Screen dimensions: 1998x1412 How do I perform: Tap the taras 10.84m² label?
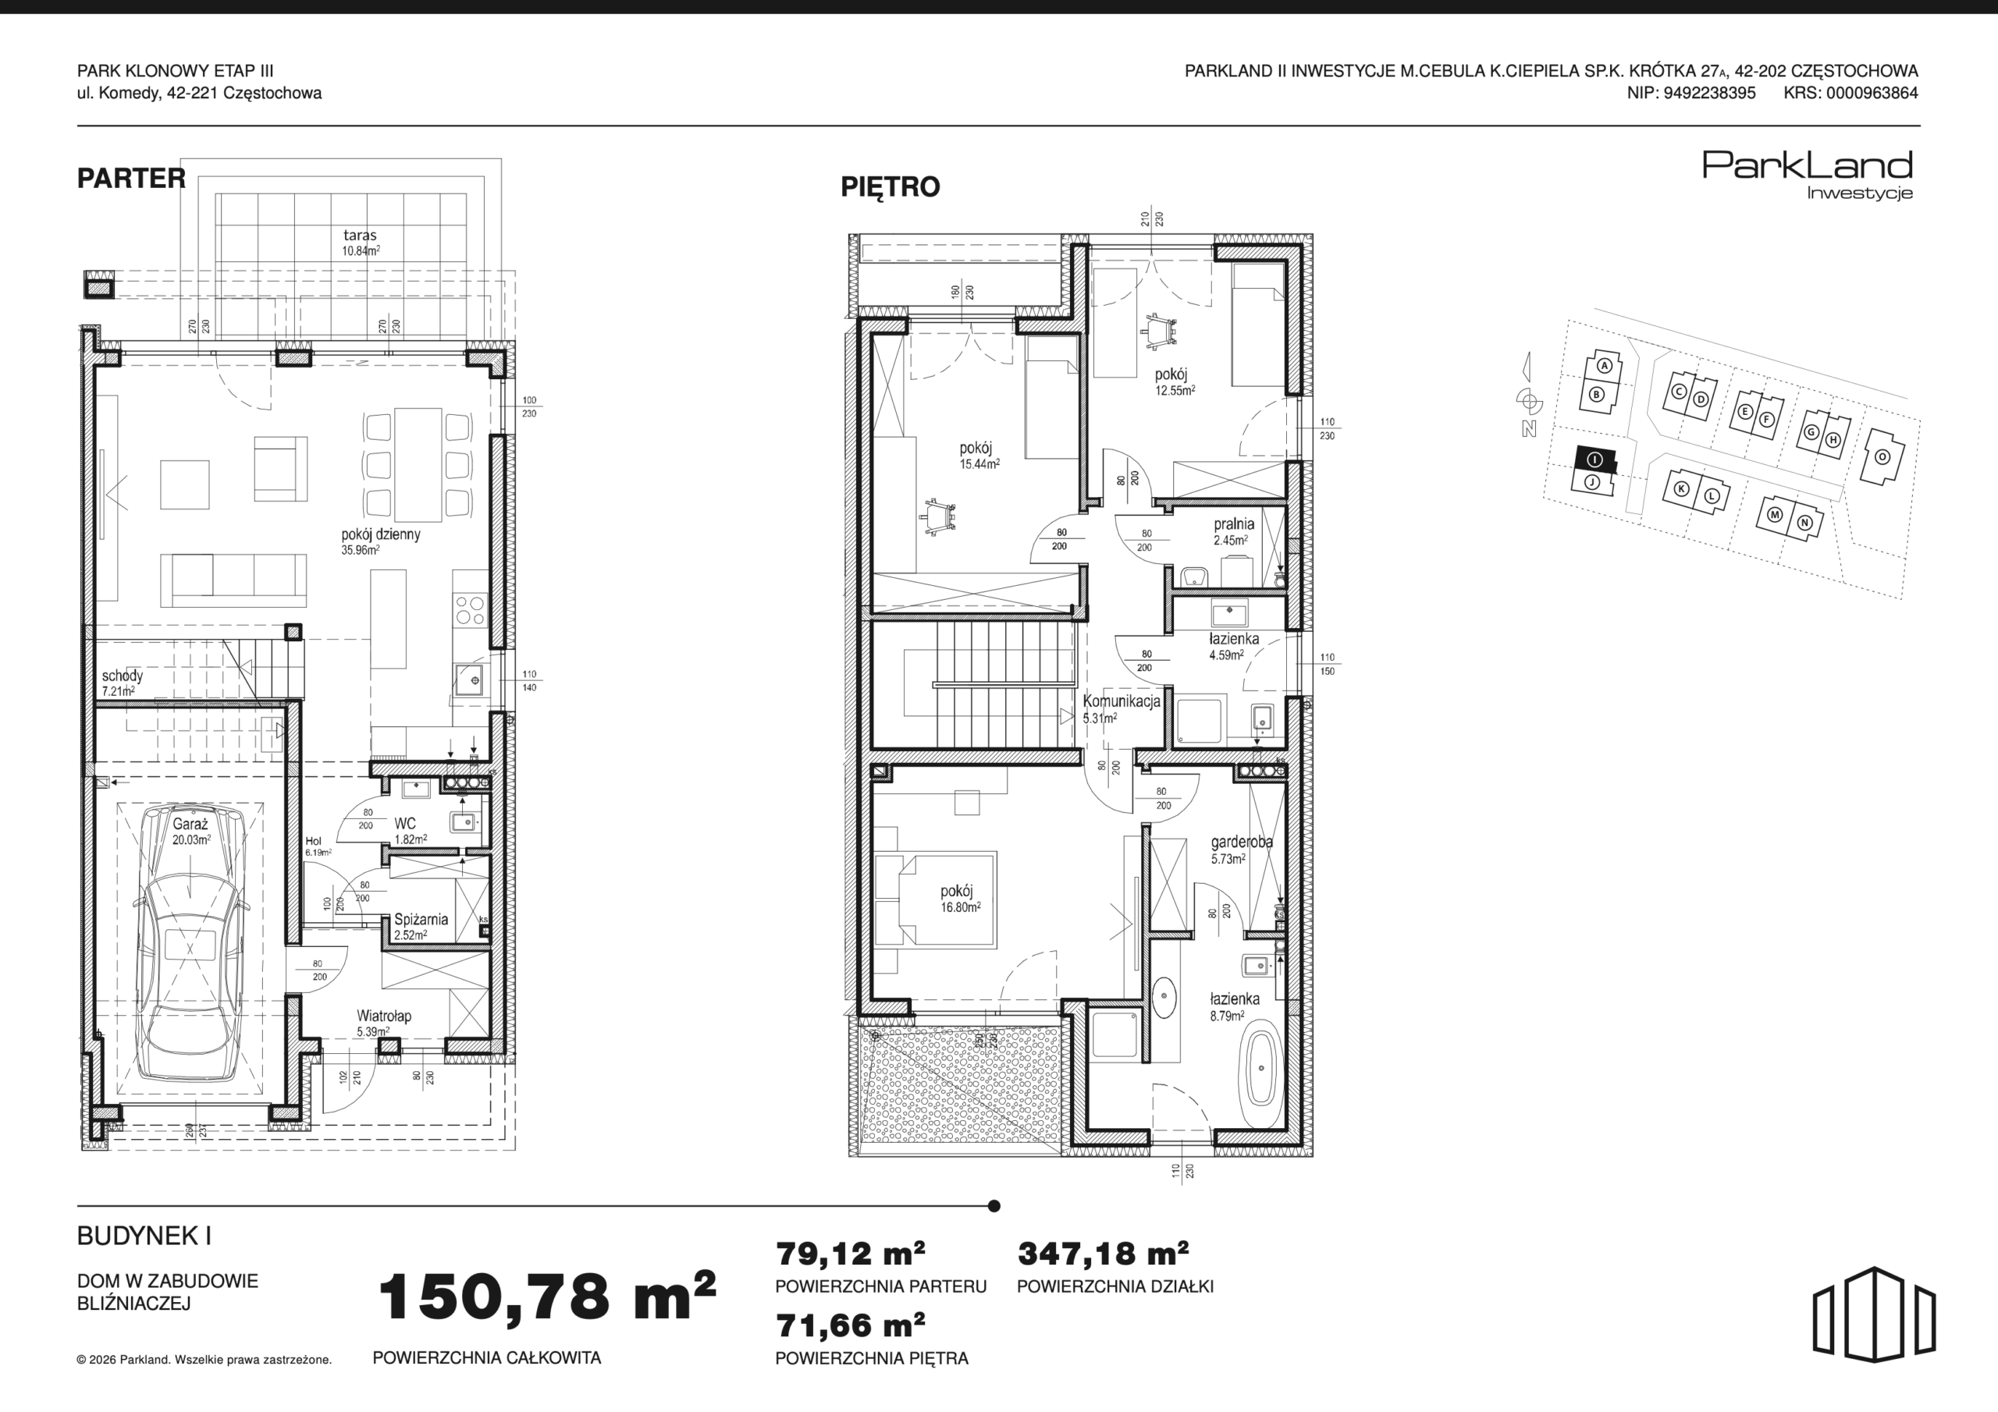(x=361, y=242)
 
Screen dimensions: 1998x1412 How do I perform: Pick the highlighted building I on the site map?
(x=1594, y=459)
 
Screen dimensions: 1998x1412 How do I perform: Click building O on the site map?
(x=1882, y=456)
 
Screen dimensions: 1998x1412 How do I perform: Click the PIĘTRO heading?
(x=891, y=187)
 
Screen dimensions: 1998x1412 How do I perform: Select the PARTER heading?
(x=131, y=179)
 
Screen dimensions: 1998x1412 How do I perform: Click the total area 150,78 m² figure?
(x=547, y=1296)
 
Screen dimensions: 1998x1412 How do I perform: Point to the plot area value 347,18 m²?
(x=1104, y=1254)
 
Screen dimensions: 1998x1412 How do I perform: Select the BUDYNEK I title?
(x=144, y=1236)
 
